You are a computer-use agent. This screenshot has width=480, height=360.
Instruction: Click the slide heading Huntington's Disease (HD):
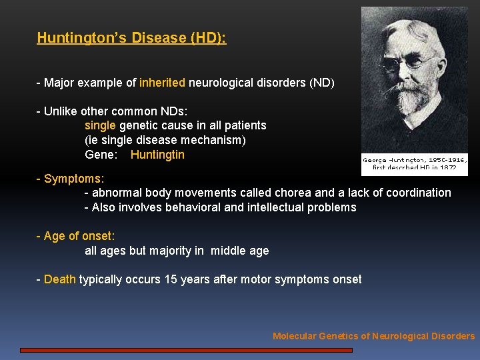pyautogui.click(x=131, y=38)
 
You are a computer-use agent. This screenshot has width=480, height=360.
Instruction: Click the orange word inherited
pyautogui.click(x=162, y=83)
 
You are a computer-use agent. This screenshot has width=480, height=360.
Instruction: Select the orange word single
pyautogui.click(x=100, y=125)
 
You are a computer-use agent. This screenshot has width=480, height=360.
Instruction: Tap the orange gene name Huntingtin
pyautogui.click(x=157, y=155)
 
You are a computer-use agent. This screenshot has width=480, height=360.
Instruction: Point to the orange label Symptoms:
pyautogui.click(x=73, y=179)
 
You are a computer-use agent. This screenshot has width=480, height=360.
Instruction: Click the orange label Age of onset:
pyautogui.click(x=79, y=236)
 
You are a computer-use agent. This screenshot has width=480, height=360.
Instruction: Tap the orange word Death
pyautogui.click(x=59, y=279)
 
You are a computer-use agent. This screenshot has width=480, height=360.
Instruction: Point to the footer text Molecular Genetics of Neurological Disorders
pyautogui.click(x=373, y=336)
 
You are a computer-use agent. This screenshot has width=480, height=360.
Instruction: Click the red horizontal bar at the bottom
pyautogui.click(x=187, y=349)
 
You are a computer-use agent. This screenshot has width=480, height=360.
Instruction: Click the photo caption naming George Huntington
pyautogui.click(x=414, y=163)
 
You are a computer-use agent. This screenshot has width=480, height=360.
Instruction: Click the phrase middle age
pyautogui.click(x=240, y=251)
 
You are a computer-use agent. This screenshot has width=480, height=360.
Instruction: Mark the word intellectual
pyautogui.click(x=275, y=207)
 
